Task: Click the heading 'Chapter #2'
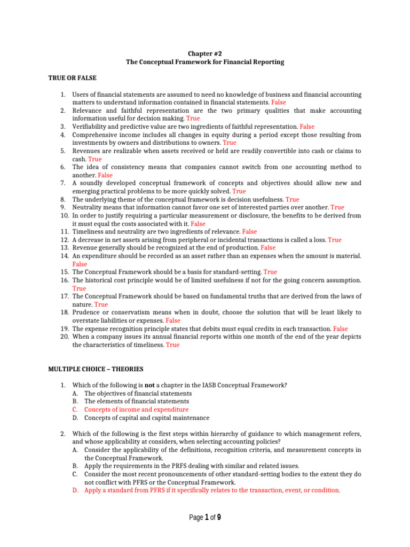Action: click(205, 53)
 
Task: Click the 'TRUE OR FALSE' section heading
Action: click(72, 78)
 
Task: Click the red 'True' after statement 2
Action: click(193, 119)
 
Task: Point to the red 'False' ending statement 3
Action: click(307, 127)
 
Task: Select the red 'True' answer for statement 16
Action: click(79, 288)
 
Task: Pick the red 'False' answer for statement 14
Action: click(80, 264)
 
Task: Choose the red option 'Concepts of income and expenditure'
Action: click(136, 410)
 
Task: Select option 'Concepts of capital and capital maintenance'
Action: click(147, 418)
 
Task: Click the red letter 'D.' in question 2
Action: click(76, 490)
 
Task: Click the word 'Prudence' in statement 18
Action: click(86, 312)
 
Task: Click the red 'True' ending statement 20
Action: click(172, 345)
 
